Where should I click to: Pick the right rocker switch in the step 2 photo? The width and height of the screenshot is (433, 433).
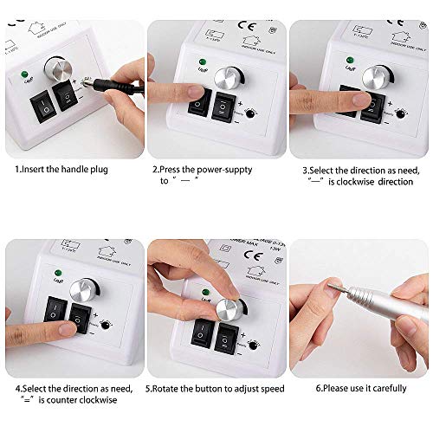pos(227,105)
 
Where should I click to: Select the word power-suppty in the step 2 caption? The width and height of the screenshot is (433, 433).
pos(222,170)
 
